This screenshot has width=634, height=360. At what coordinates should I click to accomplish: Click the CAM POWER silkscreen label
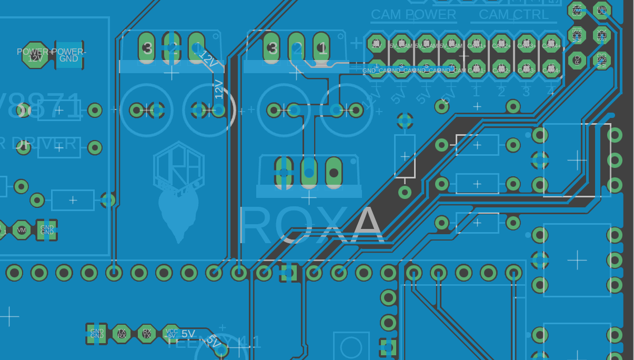coord(413,15)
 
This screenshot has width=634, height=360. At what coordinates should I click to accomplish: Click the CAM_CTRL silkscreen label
coord(514,15)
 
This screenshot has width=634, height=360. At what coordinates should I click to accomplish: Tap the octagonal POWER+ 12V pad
coord(35,55)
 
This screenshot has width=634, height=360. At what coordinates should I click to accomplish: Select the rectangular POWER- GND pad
coord(69,55)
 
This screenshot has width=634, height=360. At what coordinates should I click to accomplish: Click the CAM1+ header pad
coord(476,44)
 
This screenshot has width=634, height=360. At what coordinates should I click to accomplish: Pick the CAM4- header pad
coord(551,68)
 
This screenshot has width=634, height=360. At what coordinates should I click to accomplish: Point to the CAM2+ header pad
coord(501,44)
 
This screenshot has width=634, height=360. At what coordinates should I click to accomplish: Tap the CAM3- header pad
coord(526,68)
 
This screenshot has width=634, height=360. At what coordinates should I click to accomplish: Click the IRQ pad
coord(577,60)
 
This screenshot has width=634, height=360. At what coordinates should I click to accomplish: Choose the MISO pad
coord(602,60)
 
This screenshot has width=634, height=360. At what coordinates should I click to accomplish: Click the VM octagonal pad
coord(22,230)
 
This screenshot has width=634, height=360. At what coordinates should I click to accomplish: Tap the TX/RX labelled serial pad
coord(122,334)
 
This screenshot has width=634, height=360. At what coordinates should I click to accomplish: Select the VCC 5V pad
coord(172,334)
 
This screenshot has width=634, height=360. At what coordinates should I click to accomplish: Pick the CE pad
coord(602,11)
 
